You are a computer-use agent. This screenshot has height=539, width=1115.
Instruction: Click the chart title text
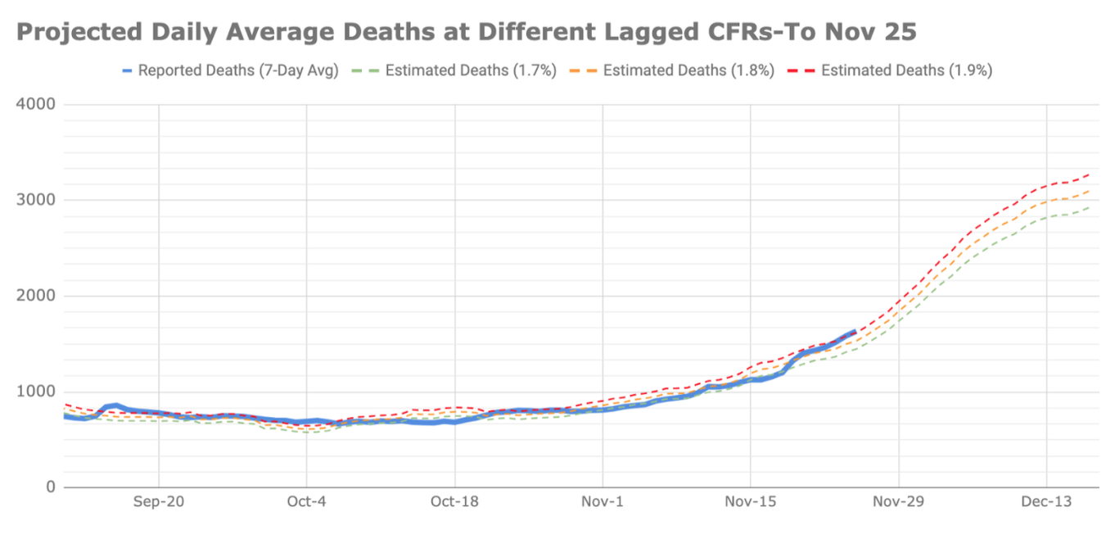click(x=466, y=32)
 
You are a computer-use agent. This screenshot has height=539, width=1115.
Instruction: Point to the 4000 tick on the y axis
click(x=35, y=105)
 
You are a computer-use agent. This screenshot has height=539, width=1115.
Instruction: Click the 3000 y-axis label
click(x=35, y=200)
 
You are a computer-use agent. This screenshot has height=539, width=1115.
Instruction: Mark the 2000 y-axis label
click(x=35, y=296)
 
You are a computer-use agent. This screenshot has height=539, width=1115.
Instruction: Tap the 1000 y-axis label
click(x=35, y=392)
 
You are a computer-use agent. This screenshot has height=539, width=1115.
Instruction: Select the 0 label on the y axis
click(x=49, y=487)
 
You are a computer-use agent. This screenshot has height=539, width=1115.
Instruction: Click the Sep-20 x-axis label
click(x=159, y=502)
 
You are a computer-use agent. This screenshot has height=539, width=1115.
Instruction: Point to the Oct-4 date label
click(x=307, y=502)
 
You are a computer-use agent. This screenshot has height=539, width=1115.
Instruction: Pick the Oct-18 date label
click(x=454, y=502)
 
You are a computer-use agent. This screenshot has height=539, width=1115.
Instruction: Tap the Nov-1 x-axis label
click(x=603, y=502)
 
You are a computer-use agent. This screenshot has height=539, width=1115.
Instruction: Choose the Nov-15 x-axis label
click(x=751, y=502)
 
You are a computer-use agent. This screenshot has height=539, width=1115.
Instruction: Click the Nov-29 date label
click(x=899, y=502)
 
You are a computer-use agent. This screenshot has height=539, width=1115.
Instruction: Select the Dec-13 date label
click(x=1046, y=502)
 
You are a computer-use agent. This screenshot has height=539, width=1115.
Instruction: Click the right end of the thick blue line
click(x=855, y=332)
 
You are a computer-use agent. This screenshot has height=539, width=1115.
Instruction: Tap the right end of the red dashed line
click(x=1089, y=174)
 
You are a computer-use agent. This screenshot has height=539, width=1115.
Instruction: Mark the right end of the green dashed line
click(x=1089, y=207)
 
